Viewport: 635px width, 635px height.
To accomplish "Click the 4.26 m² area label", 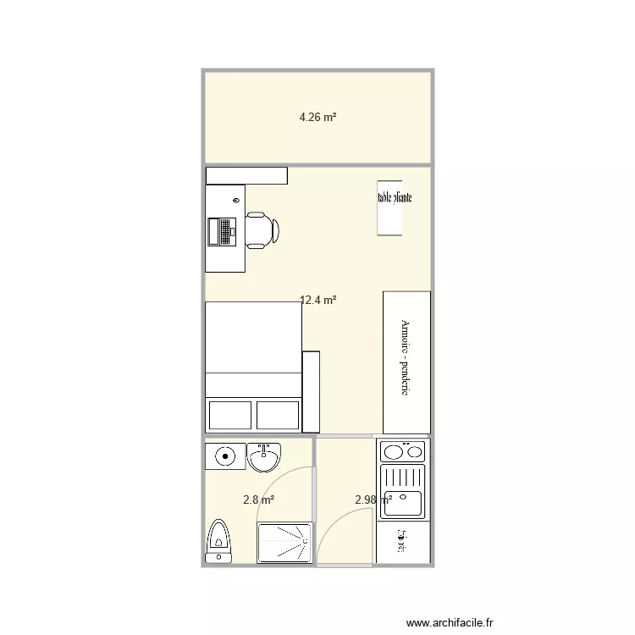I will (317, 118).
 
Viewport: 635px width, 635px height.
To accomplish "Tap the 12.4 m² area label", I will (319, 300).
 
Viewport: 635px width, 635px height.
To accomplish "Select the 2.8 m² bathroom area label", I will (258, 500).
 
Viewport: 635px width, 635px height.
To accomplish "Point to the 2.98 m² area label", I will (373, 500).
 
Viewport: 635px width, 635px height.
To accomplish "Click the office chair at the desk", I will (262, 229).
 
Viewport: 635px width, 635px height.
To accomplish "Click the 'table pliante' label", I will (395, 198).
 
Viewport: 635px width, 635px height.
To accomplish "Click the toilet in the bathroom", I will (218, 539).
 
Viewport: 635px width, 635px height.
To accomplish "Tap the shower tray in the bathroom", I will (284, 543).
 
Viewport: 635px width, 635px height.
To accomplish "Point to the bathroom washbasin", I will (263, 457).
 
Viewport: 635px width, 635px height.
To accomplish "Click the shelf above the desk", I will (246, 175).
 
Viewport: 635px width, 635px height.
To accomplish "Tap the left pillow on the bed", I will (229, 415).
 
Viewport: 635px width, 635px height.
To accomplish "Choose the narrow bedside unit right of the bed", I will (311, 391).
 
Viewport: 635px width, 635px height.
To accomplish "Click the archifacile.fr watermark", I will (449, 623).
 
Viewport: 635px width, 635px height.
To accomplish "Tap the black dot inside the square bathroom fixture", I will (226, 456).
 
